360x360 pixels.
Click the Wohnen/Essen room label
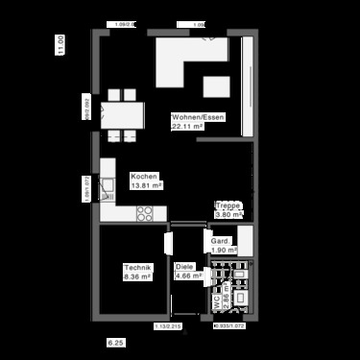pyautogui.click(x=198, y=116)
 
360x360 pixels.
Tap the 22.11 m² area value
pyautogui.click(x=189, y=126)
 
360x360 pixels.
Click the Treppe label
pyautogui.click(x=227, y=205)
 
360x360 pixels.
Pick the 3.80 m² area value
pyautogui.click(x=227, y=214)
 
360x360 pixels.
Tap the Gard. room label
pyautogui.click(x=221, y=241)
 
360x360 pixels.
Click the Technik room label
pyautogui.click(x=137, y=267)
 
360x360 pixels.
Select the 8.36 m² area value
pyautogui.click(x=137, y=276)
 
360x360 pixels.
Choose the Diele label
pyautogui.click(x=184, y=267)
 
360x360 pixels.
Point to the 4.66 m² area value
pyautogui.click(x=188, y=276)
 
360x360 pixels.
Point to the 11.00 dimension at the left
pyautogui.click(x=60, y=45)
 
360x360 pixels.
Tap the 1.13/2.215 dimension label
pyautogui.click(x=167, y=327)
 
